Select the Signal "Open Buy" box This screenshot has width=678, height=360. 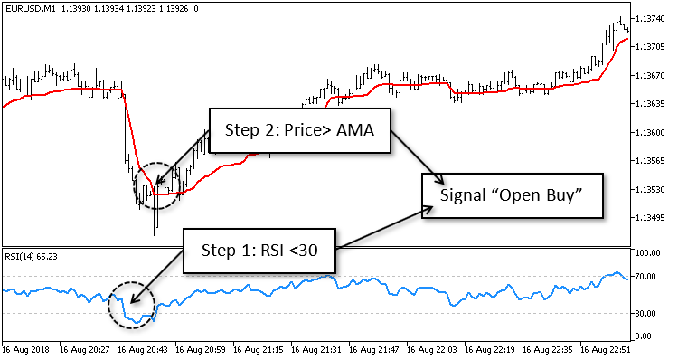(512, 194)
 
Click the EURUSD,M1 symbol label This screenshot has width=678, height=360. (24, 8)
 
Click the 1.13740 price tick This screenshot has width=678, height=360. (651, 19)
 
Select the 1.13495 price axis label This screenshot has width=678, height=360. (651, 217)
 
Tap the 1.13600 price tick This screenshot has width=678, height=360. (651, 132)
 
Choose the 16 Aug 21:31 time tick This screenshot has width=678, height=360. (318, 348)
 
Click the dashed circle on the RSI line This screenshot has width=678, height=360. (132, 305)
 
